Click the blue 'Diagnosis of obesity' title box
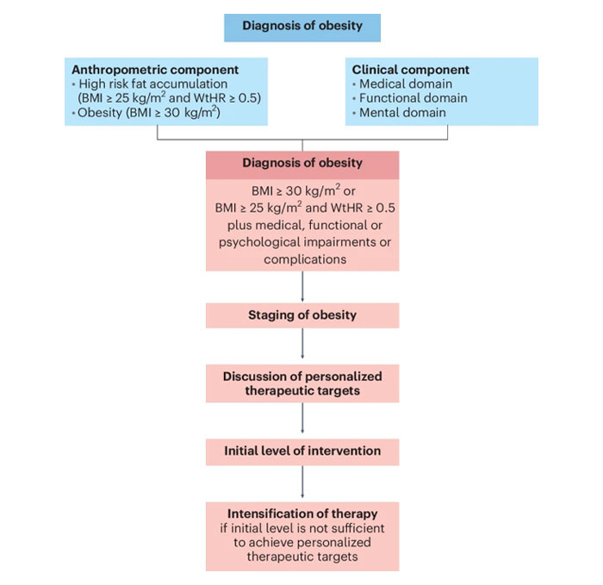(301, 26)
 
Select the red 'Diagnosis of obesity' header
(301, 163)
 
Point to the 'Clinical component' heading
(411, 70)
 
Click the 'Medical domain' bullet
(401, 84)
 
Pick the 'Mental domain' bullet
(400, 113)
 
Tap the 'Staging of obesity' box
(301, 314)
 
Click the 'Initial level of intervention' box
(301, 451)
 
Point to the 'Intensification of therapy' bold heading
(301, 514)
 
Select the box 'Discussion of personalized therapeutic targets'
(301, 383)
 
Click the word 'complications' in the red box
(301, 258)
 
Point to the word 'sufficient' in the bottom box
(355, 528)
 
